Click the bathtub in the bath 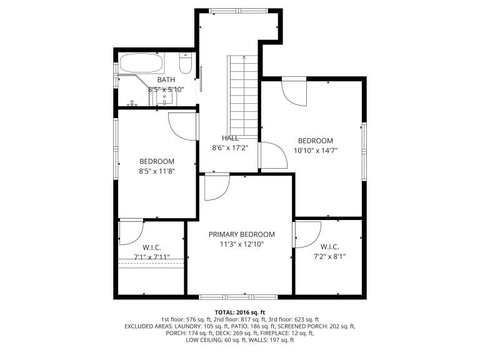pyautogui.click(x=141, y=63)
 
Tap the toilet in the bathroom pyautogui.click(x=185, y=63)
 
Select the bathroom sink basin pyautogui.click(x=165, y=98)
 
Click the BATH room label pyautogui.click(x=166, y=79)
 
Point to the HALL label pyautogui.click(x=230, y=138)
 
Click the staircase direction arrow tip pyautogui.click(x=244, y=56)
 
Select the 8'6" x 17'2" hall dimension pyautogui.click(x=230, y=148)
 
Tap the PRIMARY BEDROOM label pyautogui.click(x=242, y=234)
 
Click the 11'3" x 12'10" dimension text pyautogui.click(x=242, y=244)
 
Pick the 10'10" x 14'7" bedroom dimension pyautogui.click(x=316, y=151)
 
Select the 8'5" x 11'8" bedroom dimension pyautogui.click(x=157, y=171)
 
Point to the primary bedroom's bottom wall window pyautogui.click(x=239, y=297)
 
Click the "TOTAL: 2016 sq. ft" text pyautogui.click(x=240, y=312)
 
